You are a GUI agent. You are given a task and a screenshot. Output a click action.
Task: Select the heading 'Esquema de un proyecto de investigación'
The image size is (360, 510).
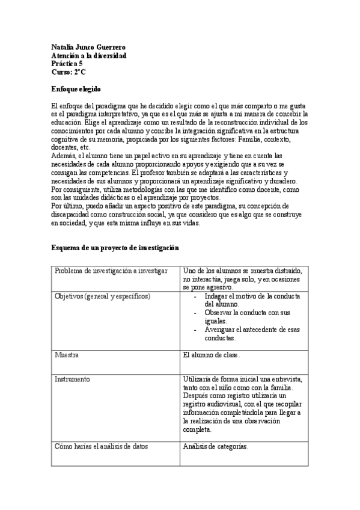[x=115, y=248]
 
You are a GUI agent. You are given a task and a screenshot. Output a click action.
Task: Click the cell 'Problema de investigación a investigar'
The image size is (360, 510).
[x=111, y=271]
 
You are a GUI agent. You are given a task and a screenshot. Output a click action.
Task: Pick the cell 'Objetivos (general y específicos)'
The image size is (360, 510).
[x=102, y=296]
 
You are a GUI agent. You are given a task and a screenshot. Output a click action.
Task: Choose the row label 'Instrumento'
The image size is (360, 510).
[x=72, y=379]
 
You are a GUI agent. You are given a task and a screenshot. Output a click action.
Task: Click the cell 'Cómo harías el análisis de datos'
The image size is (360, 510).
[x=102, y=446]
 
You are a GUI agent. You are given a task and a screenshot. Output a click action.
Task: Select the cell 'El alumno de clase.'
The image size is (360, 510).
[x=212, y=355]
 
